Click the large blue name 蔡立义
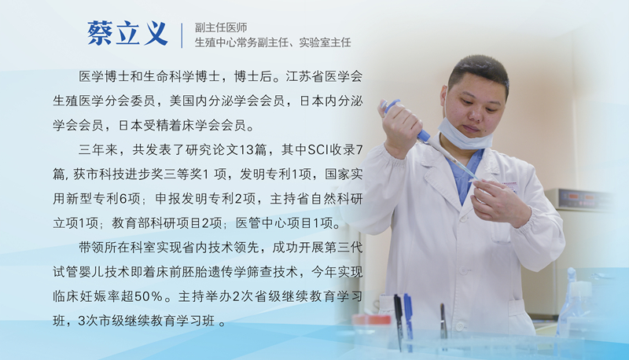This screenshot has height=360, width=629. coord(127,33)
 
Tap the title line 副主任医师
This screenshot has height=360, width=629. coord(221,28)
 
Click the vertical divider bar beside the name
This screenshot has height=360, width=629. coord(182,35)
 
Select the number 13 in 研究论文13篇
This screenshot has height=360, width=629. coord(246,150)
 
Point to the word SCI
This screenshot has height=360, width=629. coord(318,150)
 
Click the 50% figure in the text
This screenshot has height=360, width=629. coord(148,296)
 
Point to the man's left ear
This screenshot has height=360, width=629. coord(443,97)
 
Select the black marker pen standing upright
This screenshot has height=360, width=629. coord(398,321)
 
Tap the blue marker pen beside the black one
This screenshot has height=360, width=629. coord(408,321)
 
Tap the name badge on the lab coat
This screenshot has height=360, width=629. coord(510,186)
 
